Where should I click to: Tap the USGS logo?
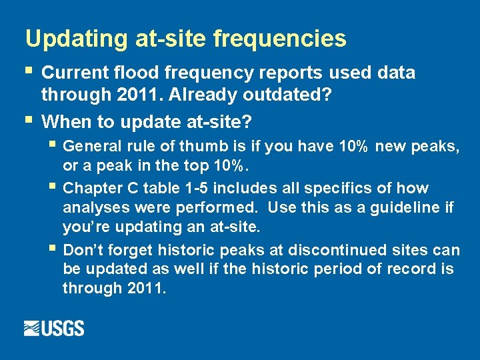54,328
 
